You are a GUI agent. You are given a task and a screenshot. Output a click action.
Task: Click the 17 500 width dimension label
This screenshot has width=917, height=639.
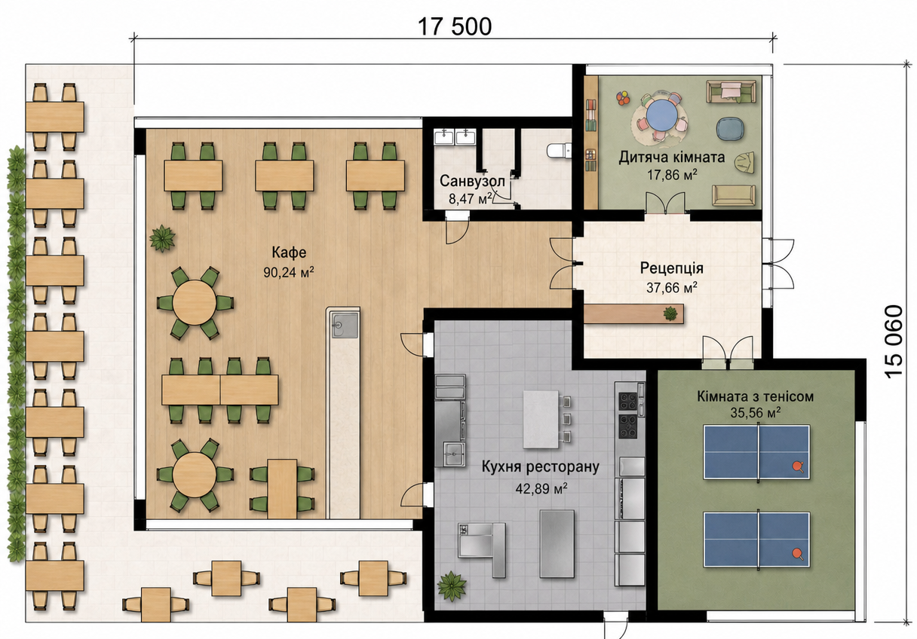point(455,27)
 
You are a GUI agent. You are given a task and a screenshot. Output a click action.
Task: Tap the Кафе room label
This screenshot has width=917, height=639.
point(289,252)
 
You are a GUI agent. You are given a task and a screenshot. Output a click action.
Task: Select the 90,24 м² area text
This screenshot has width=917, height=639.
point(289,272)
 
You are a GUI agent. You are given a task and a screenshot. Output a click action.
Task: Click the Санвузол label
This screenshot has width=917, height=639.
point(472,181)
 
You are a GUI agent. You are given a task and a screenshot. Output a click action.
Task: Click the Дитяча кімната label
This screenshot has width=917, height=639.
point(671,157)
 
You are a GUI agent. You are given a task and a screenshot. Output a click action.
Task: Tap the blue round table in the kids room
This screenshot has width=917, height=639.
point(660,116)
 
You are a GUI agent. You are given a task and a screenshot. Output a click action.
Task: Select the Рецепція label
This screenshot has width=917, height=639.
point(672,268)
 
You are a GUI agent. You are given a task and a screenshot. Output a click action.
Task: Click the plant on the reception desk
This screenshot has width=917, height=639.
point(670,313)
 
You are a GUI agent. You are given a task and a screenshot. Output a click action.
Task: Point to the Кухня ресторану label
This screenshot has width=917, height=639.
point(541,466)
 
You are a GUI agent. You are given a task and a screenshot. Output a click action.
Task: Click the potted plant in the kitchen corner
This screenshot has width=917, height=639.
point(452,585)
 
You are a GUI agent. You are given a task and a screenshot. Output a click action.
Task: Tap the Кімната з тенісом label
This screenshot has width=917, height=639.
point(756,396)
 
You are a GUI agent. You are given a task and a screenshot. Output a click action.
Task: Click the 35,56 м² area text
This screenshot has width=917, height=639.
point(756,413)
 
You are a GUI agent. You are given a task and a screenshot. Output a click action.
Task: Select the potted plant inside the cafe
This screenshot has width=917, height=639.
point(163,238)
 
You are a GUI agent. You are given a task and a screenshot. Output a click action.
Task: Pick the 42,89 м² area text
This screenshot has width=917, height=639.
point(541,488)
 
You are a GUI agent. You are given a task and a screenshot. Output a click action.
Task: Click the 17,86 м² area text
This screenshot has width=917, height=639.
point(672,175)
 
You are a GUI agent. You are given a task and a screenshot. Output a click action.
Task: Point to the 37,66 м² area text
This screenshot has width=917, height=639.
point(672,288)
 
